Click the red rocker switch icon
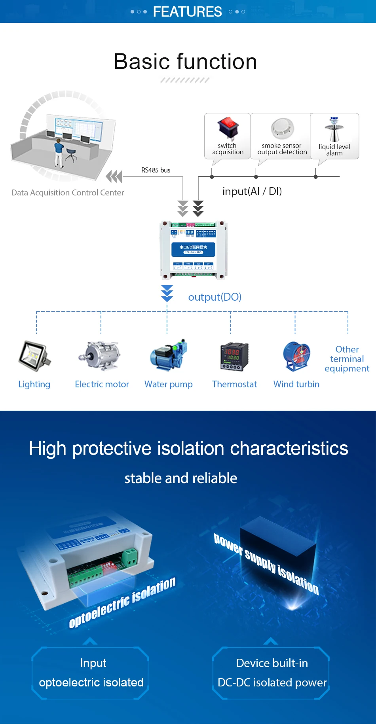pyautogui.click(x=228, y=128)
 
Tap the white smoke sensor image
pyautogui.click(x=282, y=128)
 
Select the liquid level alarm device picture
pyautogui.click(x=334, y=129)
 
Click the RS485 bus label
pyautogui.click(x=156, y=170)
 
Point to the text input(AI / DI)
pyautogui.click(x=252, y=191)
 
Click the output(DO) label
pyautogui.click(x=215, y=297)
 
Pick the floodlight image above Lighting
pyautogui.click(x=34, y=356)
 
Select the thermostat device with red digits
pyautogui.click(x=234, y=356)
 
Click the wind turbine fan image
pyautogui.click(x=296, y=356)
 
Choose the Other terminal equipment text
pyautogui.click(x=347, y=359)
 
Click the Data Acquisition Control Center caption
pyautogui.click(x=68, y=193)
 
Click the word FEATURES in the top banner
pyautogui.click(x=187, y=12)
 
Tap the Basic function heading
pyautogui.click(x=185, y=62)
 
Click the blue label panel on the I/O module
pyautogui.click(x=193, y=249)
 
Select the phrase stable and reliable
pyautogui.click(x=181, y=478)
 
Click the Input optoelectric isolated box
pyautogui.click(x=91, y=673)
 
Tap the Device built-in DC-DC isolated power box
pyautogui.click(x=272, y=673)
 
